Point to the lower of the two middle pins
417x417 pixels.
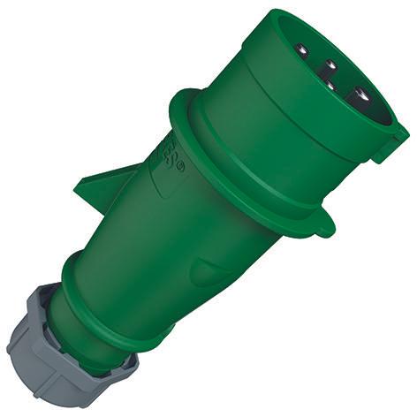(328, 86)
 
